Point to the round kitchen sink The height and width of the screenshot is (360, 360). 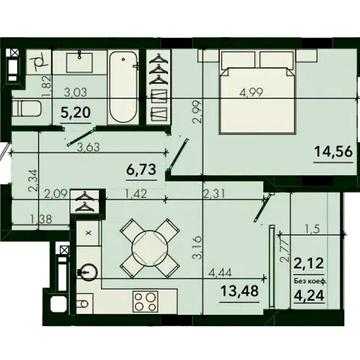(87, 268)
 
